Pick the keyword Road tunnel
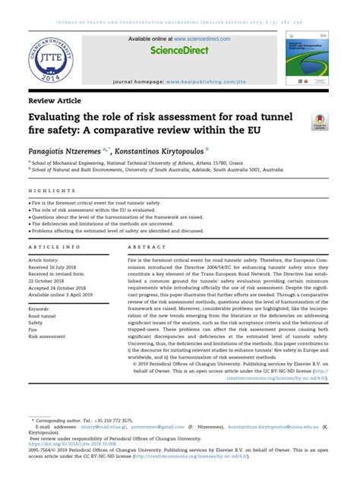44,317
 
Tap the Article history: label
47,260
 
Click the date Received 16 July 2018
58,267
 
